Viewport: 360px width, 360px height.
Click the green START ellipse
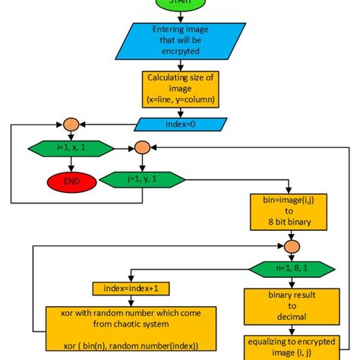[180, 4]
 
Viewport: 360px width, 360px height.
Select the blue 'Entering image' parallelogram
[180, 39]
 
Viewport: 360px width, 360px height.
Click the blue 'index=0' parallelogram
[180, 124]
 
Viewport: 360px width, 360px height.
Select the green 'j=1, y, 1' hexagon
[142, 181]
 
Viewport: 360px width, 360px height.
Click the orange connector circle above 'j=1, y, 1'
[142, 148]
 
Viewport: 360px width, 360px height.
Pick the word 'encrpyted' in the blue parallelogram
[180, 49]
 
